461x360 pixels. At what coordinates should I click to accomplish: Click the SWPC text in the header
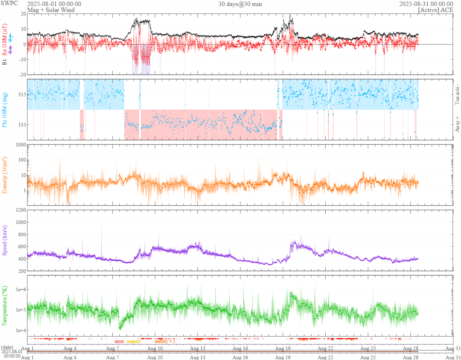click(x=9, y=4)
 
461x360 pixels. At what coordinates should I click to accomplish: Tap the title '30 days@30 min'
click(x=240, y=4)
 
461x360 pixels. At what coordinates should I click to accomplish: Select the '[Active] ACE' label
click(x=436, y=10)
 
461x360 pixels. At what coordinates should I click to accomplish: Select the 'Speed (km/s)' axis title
click(x=5, y=240)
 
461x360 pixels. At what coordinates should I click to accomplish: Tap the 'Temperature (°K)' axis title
click(x=5, y=306)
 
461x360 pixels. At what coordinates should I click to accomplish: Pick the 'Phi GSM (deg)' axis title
click(x=5, y=109)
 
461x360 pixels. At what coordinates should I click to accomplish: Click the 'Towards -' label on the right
click(x=457, y=95)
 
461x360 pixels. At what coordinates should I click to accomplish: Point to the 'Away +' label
click(x=457, y=124)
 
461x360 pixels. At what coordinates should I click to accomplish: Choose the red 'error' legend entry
click(x=119, y=341)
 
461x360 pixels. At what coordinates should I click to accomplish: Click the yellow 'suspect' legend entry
click(x=134, y=341)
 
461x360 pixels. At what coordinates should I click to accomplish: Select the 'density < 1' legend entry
click(x=164, y=341)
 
